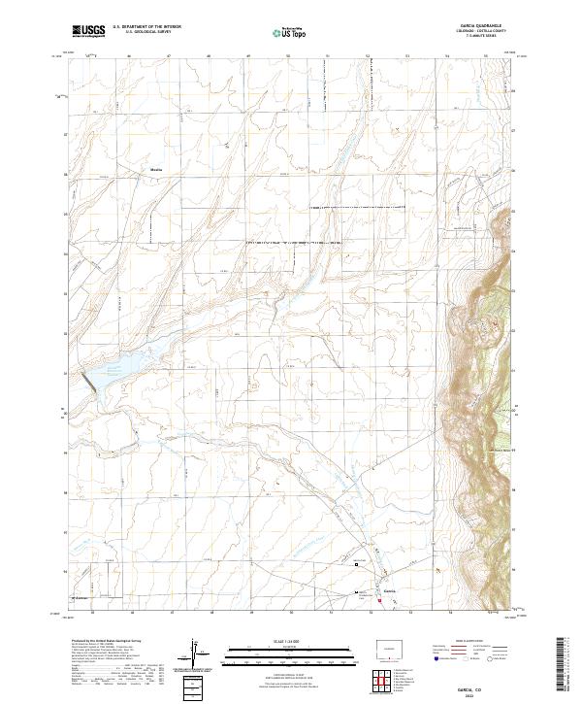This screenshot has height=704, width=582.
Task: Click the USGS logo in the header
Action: click(88, 31)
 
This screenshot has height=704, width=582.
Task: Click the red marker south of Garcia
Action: click(379, 599)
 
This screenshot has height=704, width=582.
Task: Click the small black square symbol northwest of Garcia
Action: click(356, 563)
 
